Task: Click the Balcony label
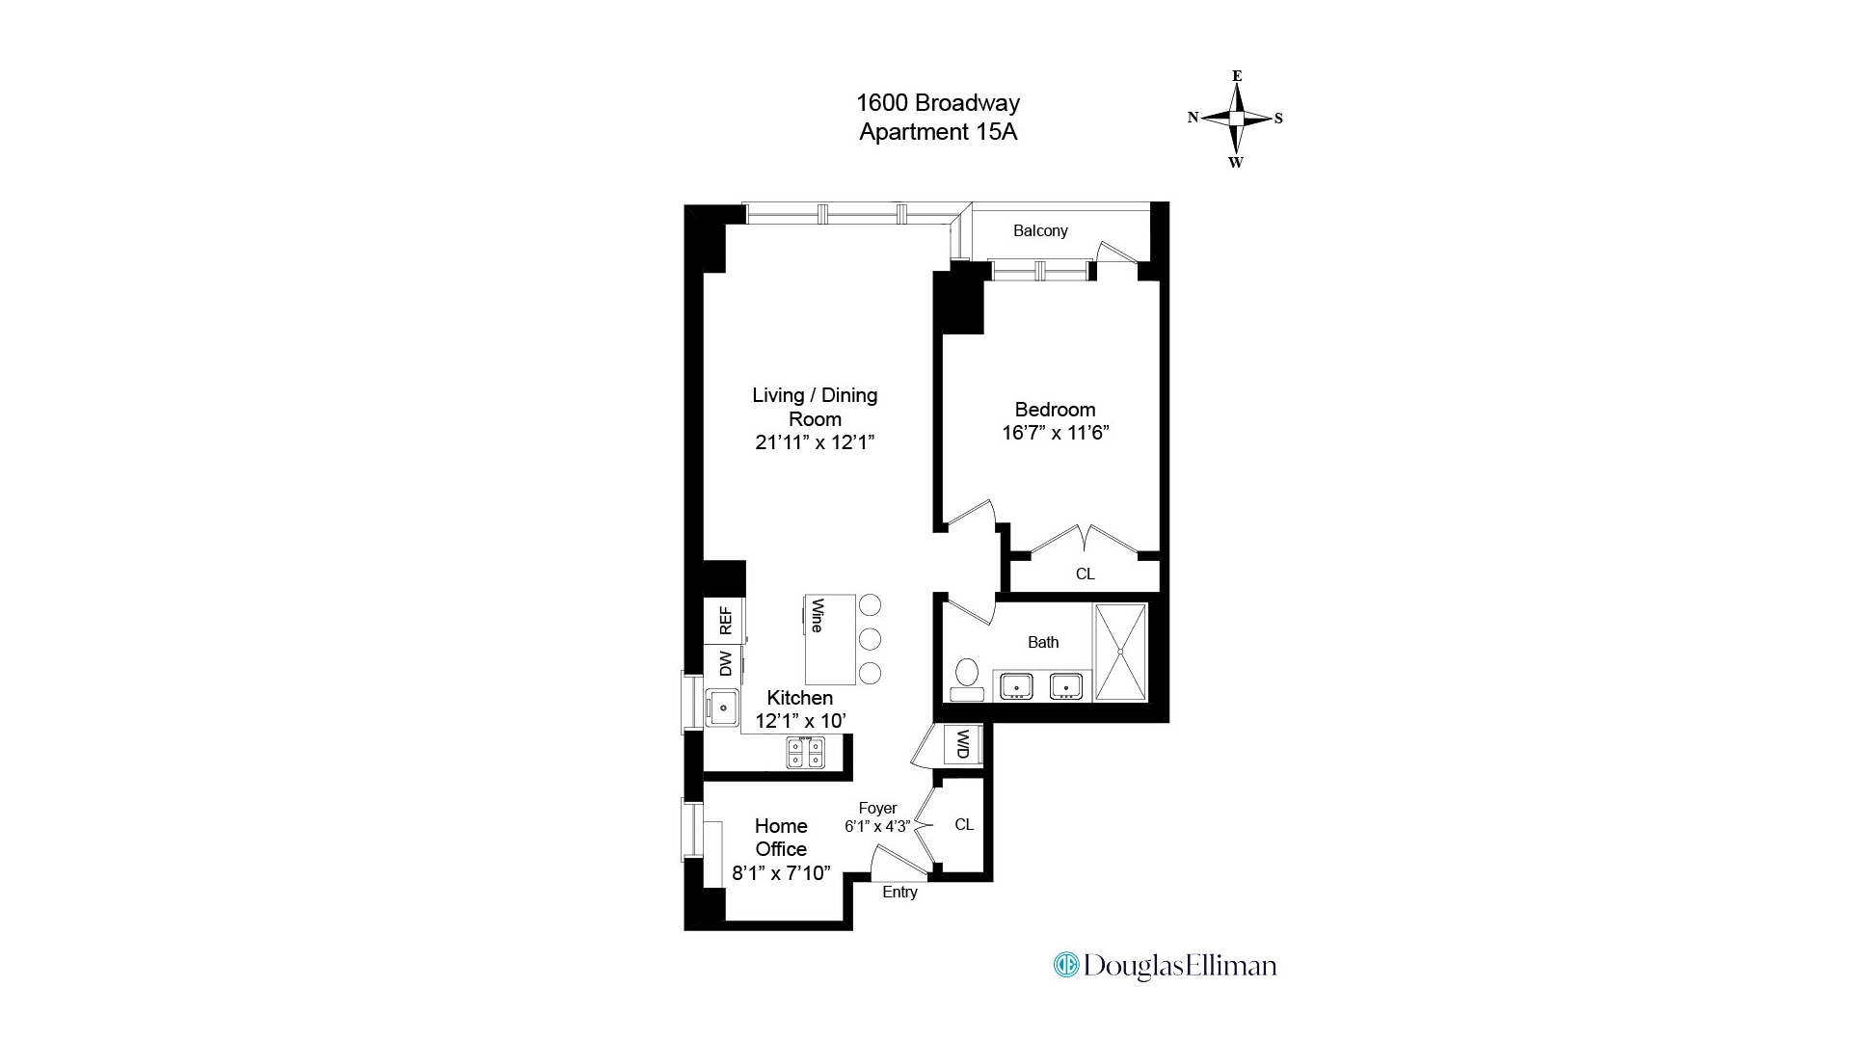click(x=1040, y=230)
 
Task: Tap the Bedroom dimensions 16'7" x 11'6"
click(x=1055, y=433)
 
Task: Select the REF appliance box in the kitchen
click(x=724, y=621)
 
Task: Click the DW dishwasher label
click(x=724, y=663)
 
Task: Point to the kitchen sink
click(x=722, y=707)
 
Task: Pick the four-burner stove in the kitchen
click(x=805, y=752)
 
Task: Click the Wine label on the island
click(x=818, y=616)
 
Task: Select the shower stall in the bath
click(x=1120, y=653)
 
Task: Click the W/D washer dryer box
click(x=962, y=744)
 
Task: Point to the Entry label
click(x=899, y=892)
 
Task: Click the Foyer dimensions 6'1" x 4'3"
click(x=877, y=826)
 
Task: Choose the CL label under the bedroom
click(x=1085, y=574)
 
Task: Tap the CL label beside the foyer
click(x=964, y=824)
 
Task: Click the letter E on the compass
click(x=1237, y=76)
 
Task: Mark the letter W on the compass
click(x=1236, y=162)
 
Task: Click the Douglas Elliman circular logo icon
click(x=1066, y=965)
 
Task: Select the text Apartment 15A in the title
click(x=938, y=132)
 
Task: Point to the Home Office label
click(x=781, y=838)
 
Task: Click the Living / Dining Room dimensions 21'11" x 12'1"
click(x=815, y=442)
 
